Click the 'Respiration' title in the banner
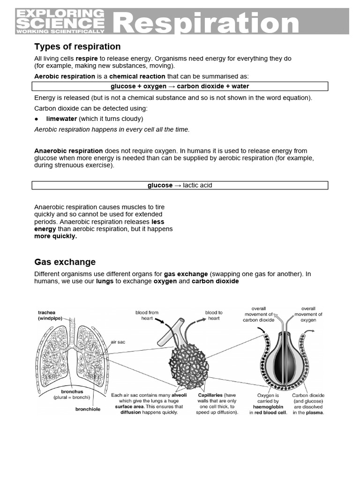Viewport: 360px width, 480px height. [206, 22]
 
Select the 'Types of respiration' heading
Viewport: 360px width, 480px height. [77, 46]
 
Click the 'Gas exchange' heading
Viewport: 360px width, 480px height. [65, 262]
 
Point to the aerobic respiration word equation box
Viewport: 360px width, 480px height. [180, 86]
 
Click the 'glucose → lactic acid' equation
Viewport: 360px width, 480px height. [180, 185]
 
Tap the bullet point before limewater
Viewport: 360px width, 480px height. [37, 119]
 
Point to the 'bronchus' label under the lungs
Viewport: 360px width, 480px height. [72, 391]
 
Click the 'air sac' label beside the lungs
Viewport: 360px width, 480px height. [118, 342]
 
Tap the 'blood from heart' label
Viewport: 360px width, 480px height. [147, 315]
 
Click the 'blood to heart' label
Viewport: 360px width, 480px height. [214, 315]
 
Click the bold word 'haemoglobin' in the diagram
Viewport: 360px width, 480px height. [268, 407]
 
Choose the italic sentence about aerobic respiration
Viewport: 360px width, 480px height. [112, 129]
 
